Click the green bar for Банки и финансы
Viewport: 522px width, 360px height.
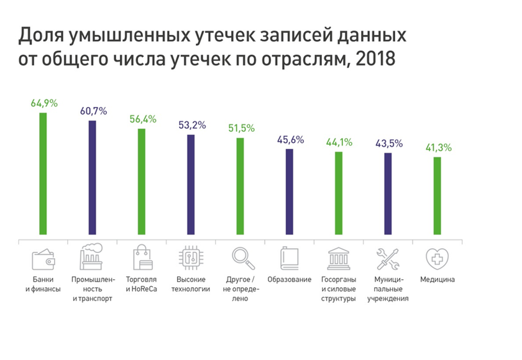pyautogui.click(x=43, y=175)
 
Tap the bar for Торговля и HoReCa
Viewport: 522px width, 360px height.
pyautogui.click(x=142, y=183)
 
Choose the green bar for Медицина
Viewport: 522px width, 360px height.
pyautogui.click(x=437, y=197)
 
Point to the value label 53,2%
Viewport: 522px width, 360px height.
pyautogui.click(x=191, y=125)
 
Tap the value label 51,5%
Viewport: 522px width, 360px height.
pyautogui.click(x=240, y=129)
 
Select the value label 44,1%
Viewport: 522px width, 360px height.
pyautogui.click(x=339, y=142)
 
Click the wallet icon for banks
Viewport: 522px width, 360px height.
pyautogui.click(x=43, y=258)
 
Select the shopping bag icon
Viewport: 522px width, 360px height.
pyautogui.click(x=142, y=257)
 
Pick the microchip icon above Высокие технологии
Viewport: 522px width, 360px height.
pyautogui.click(x=191, y=257)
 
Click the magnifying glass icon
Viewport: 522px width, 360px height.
pyautogui.click(x=240, y=257)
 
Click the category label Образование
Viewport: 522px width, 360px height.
pyautogui.click(x=290, y=280)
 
